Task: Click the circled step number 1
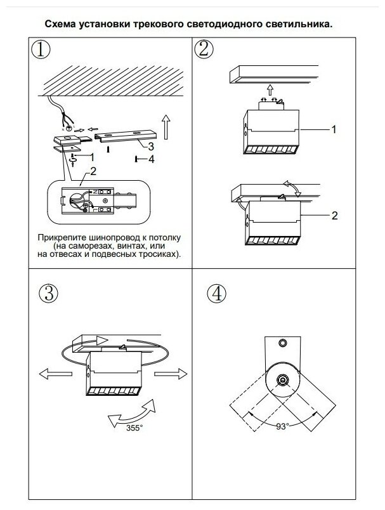[42, 50]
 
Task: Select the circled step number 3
[49, 292]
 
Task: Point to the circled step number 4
[217, 293]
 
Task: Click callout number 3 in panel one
[150, 146]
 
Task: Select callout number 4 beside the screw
[150, 159]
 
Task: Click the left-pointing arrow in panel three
[51, 374]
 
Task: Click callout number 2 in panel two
[334, 216]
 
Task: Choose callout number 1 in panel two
[334, 129]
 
